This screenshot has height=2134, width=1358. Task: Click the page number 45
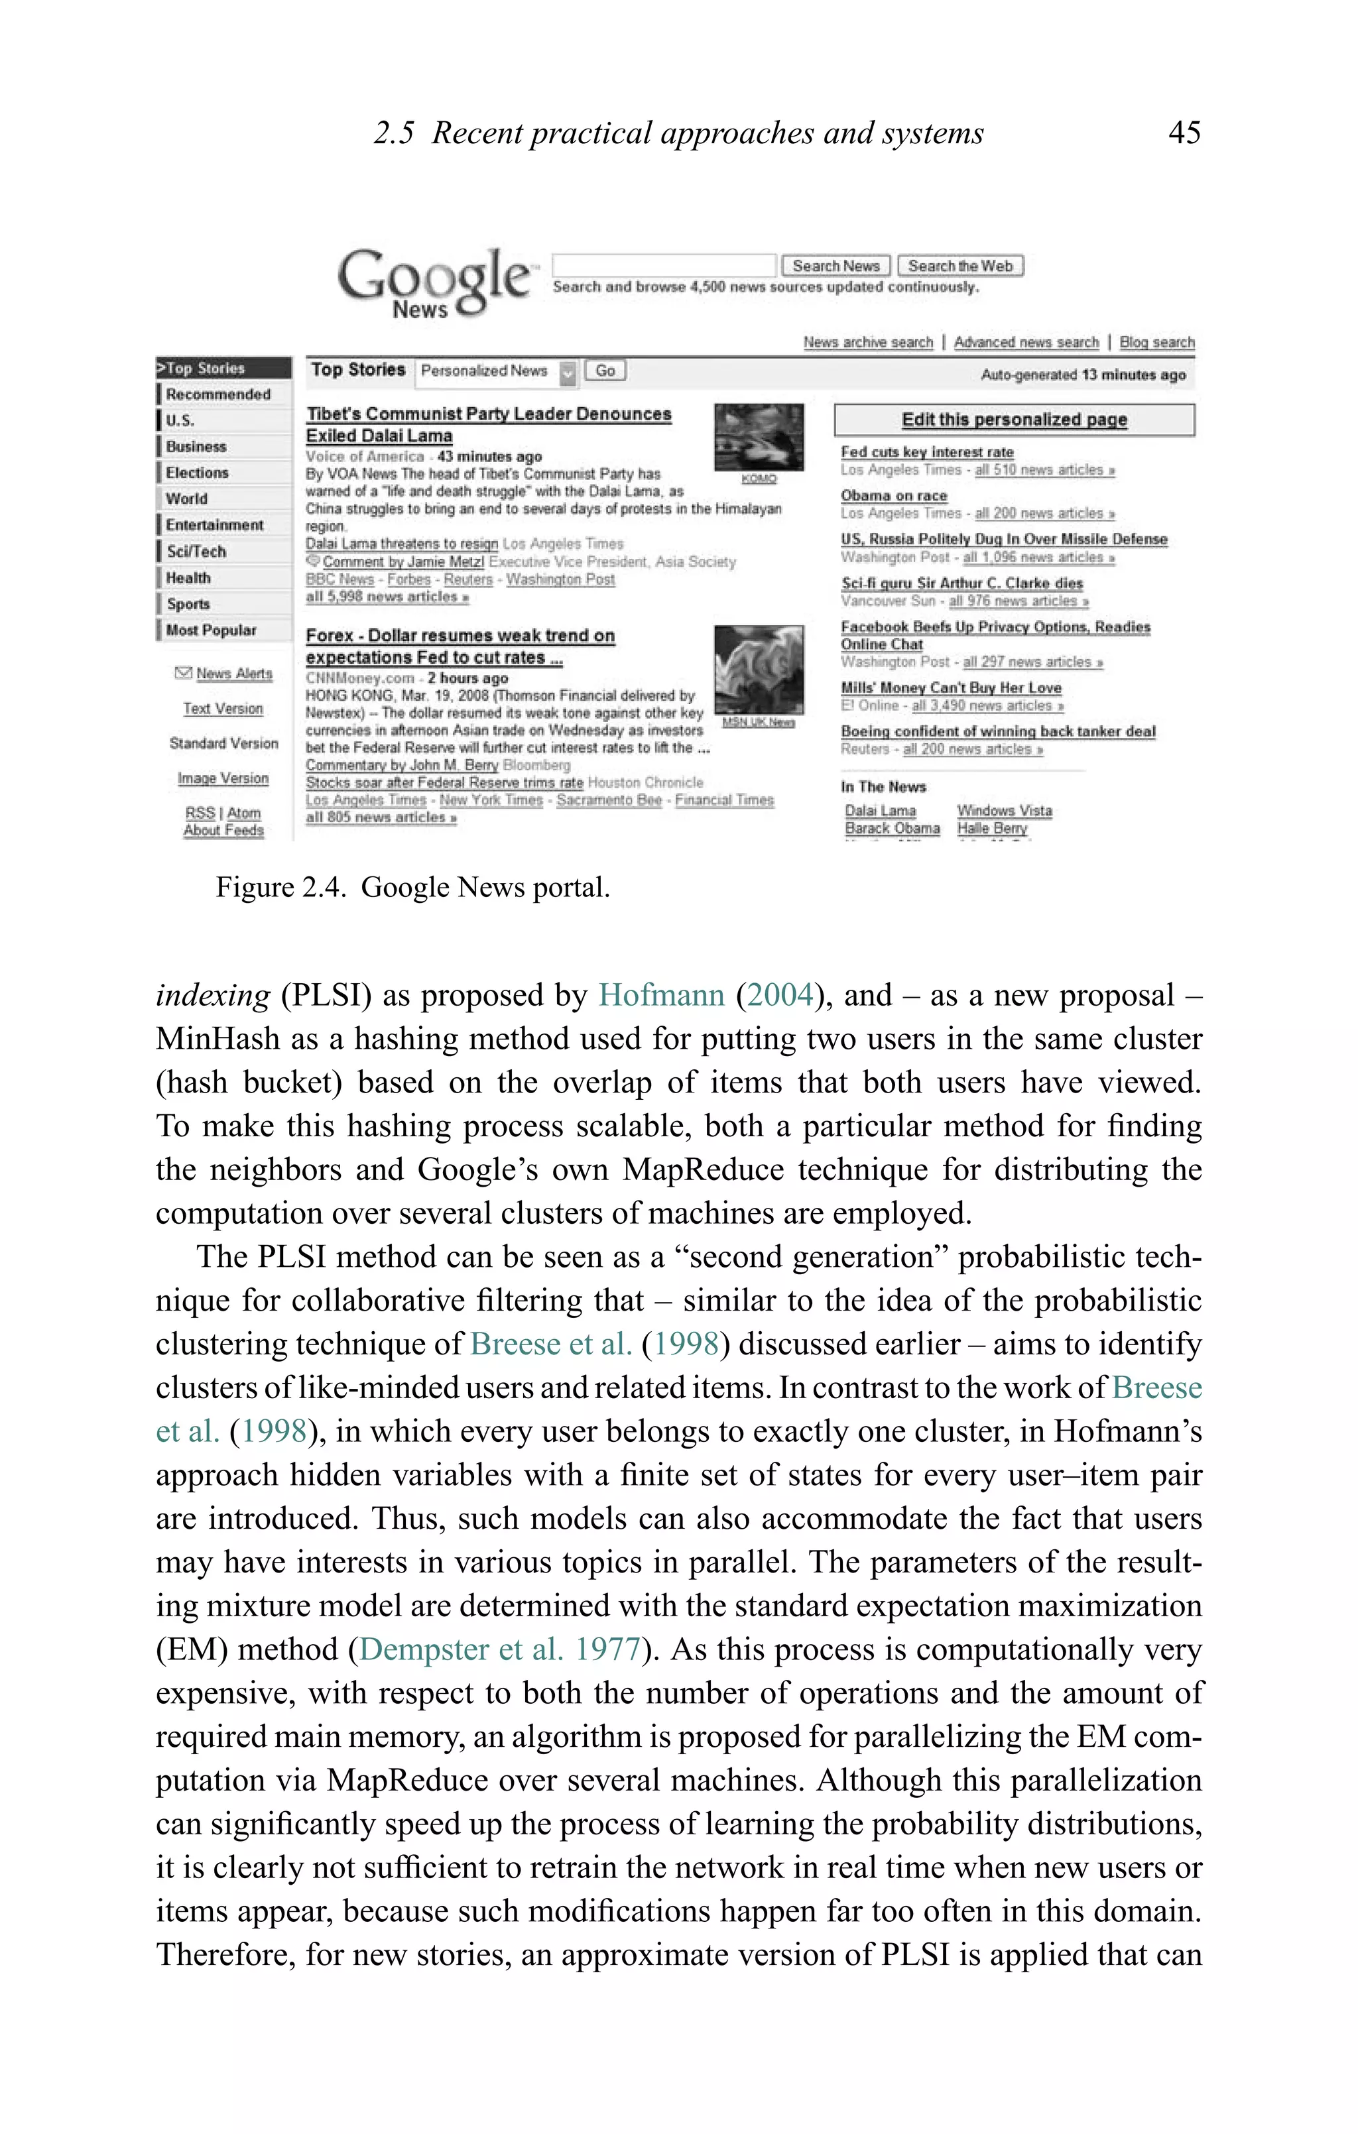[1184, 133]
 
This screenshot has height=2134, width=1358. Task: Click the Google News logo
[434, 282]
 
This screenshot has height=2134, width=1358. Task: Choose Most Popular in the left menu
[211, 630]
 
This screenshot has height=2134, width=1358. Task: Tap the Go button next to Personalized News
[605, 371]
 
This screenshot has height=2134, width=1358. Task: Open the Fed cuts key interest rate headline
[926, 452]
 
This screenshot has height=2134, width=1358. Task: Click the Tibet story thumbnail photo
[759, 437]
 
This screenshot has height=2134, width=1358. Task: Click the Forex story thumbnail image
[759, 669]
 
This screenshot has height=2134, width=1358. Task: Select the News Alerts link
[233, 674]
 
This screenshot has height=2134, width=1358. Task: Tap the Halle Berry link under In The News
[991, 829]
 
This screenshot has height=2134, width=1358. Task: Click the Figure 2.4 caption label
[280, 887]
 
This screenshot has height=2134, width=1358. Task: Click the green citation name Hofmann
[661, 995]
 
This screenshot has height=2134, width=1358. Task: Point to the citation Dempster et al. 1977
[499, 1649]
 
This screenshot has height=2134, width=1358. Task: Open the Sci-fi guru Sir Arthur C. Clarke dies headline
[961, 583]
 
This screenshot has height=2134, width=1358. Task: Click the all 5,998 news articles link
[387, 597]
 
